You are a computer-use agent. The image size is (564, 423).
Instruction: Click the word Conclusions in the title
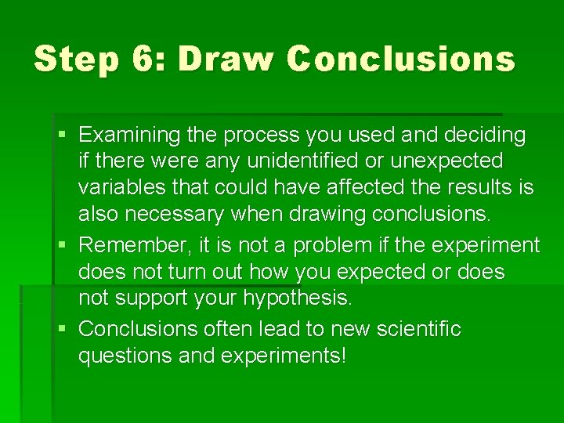point(401,60)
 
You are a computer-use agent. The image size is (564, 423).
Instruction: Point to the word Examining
point(130,136)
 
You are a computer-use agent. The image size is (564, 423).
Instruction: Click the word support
point(144,299)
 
